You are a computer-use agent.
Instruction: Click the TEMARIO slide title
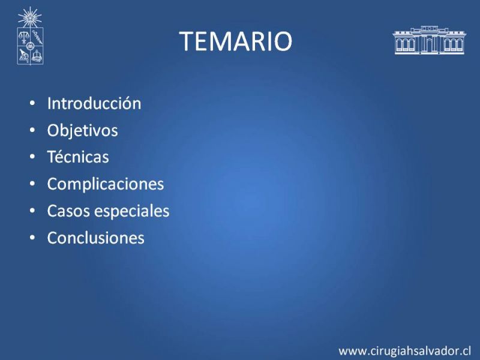click(235, 41)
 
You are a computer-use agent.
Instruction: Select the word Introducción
click(94, 103)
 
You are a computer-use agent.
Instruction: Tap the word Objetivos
click(82, 130)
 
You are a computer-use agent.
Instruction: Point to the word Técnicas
click(78, 157)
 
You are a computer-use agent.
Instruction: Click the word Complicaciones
click(106, 184)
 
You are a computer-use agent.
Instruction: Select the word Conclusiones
click(95, 238)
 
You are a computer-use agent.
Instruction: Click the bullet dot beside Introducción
click(32, 103)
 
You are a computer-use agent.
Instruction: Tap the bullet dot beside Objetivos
click(32, 130)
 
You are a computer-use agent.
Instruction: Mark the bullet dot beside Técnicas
click(32, 157)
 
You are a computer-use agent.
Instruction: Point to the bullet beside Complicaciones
click(32, 184)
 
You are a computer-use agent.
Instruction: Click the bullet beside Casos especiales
click(32, 211)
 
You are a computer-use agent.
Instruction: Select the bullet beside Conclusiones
click(32, 238)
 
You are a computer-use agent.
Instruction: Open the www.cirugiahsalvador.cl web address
click(404, 351)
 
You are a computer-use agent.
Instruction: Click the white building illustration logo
click(429, 40)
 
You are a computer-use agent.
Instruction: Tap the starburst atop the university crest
click(29, 18)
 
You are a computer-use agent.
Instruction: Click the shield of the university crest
click(30, 46)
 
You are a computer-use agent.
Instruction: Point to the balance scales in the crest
click(23, 37)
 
